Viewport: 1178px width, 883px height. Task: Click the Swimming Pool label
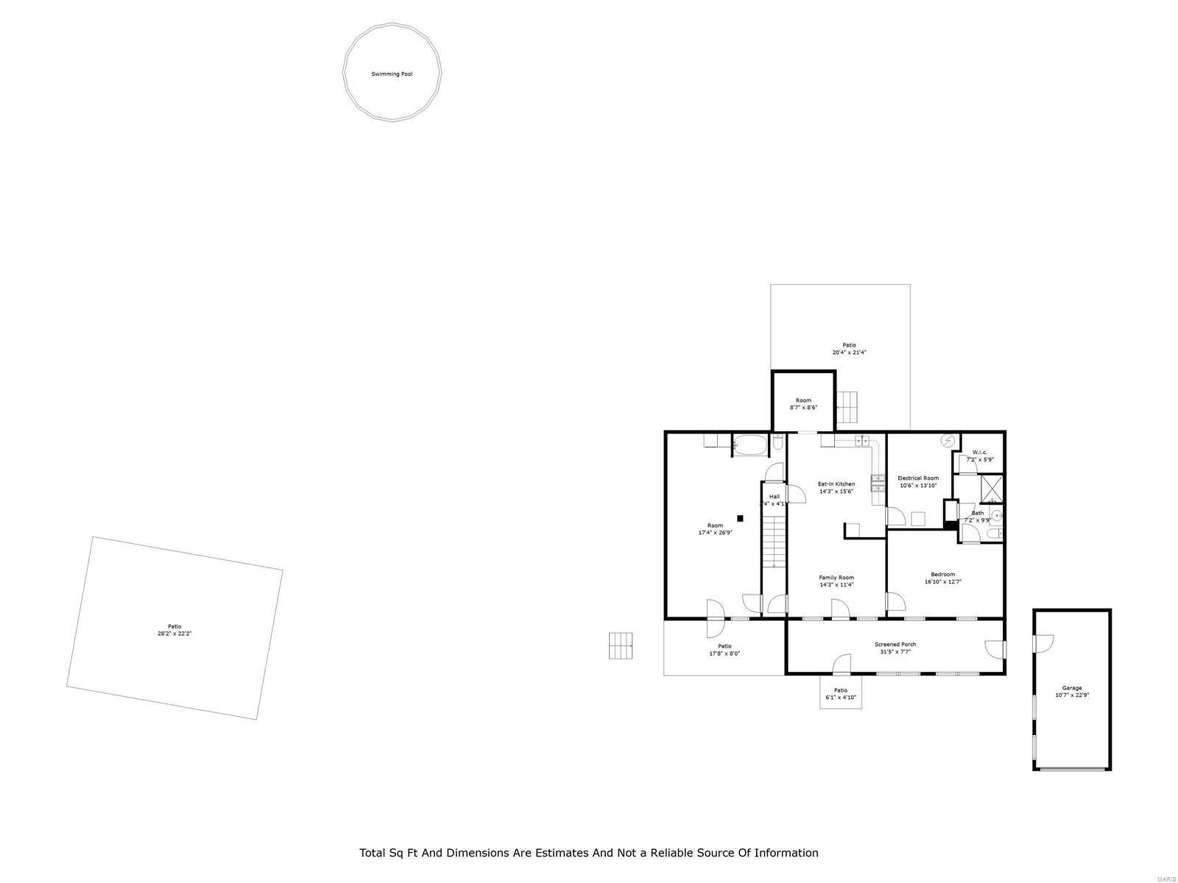coord(392,74)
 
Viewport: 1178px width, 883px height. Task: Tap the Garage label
coord(1071,688)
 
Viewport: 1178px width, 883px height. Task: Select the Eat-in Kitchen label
coord(836,484)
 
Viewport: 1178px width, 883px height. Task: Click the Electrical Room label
coord(918,478)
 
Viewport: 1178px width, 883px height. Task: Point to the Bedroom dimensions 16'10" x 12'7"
coord(943,581)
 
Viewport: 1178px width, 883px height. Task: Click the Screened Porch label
coord(895,645)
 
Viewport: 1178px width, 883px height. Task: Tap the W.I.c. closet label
coord(979,453)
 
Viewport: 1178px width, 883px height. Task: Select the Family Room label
coord(836,578)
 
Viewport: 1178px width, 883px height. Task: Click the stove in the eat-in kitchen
coord(878,483)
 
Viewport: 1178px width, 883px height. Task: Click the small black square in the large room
coord(741,518)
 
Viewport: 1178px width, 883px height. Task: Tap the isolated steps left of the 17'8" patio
coord(621,645)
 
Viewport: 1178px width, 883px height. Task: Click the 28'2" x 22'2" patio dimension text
coord(174,634)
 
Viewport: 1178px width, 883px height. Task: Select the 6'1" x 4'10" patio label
coord(841,698)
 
